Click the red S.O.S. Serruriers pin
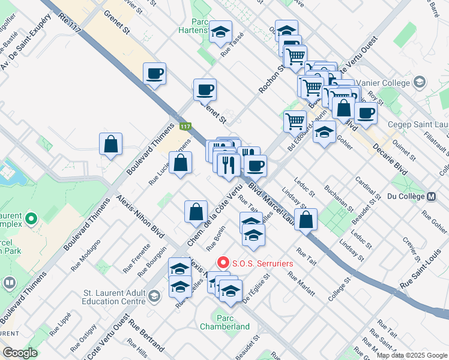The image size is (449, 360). coord(223,262)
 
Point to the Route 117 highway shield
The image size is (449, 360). coord(185,126)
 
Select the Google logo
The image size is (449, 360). coord(20,353)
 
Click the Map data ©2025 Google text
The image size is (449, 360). coord(412,355)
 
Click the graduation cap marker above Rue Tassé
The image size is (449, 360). coord(221,32)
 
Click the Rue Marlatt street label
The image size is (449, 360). coord(301,284)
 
